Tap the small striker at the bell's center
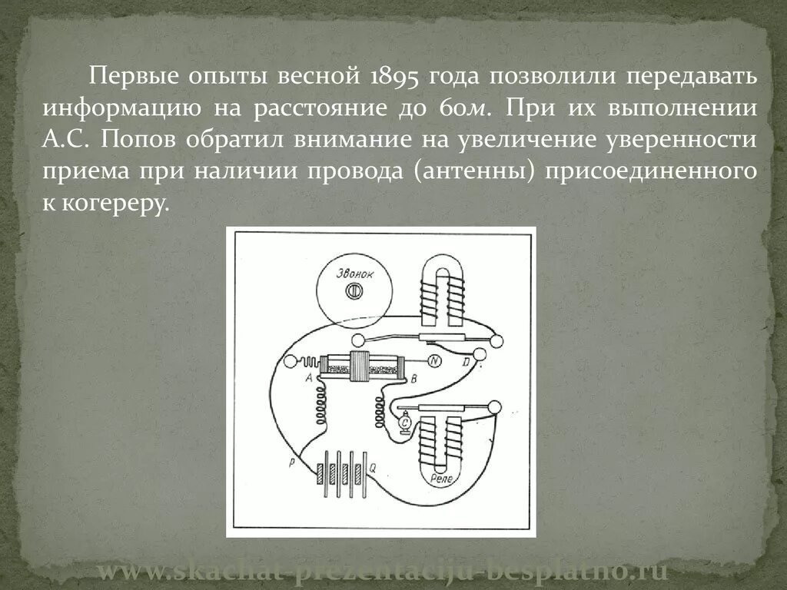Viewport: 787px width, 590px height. pos(354,291)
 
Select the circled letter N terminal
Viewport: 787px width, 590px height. pos(435,361)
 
